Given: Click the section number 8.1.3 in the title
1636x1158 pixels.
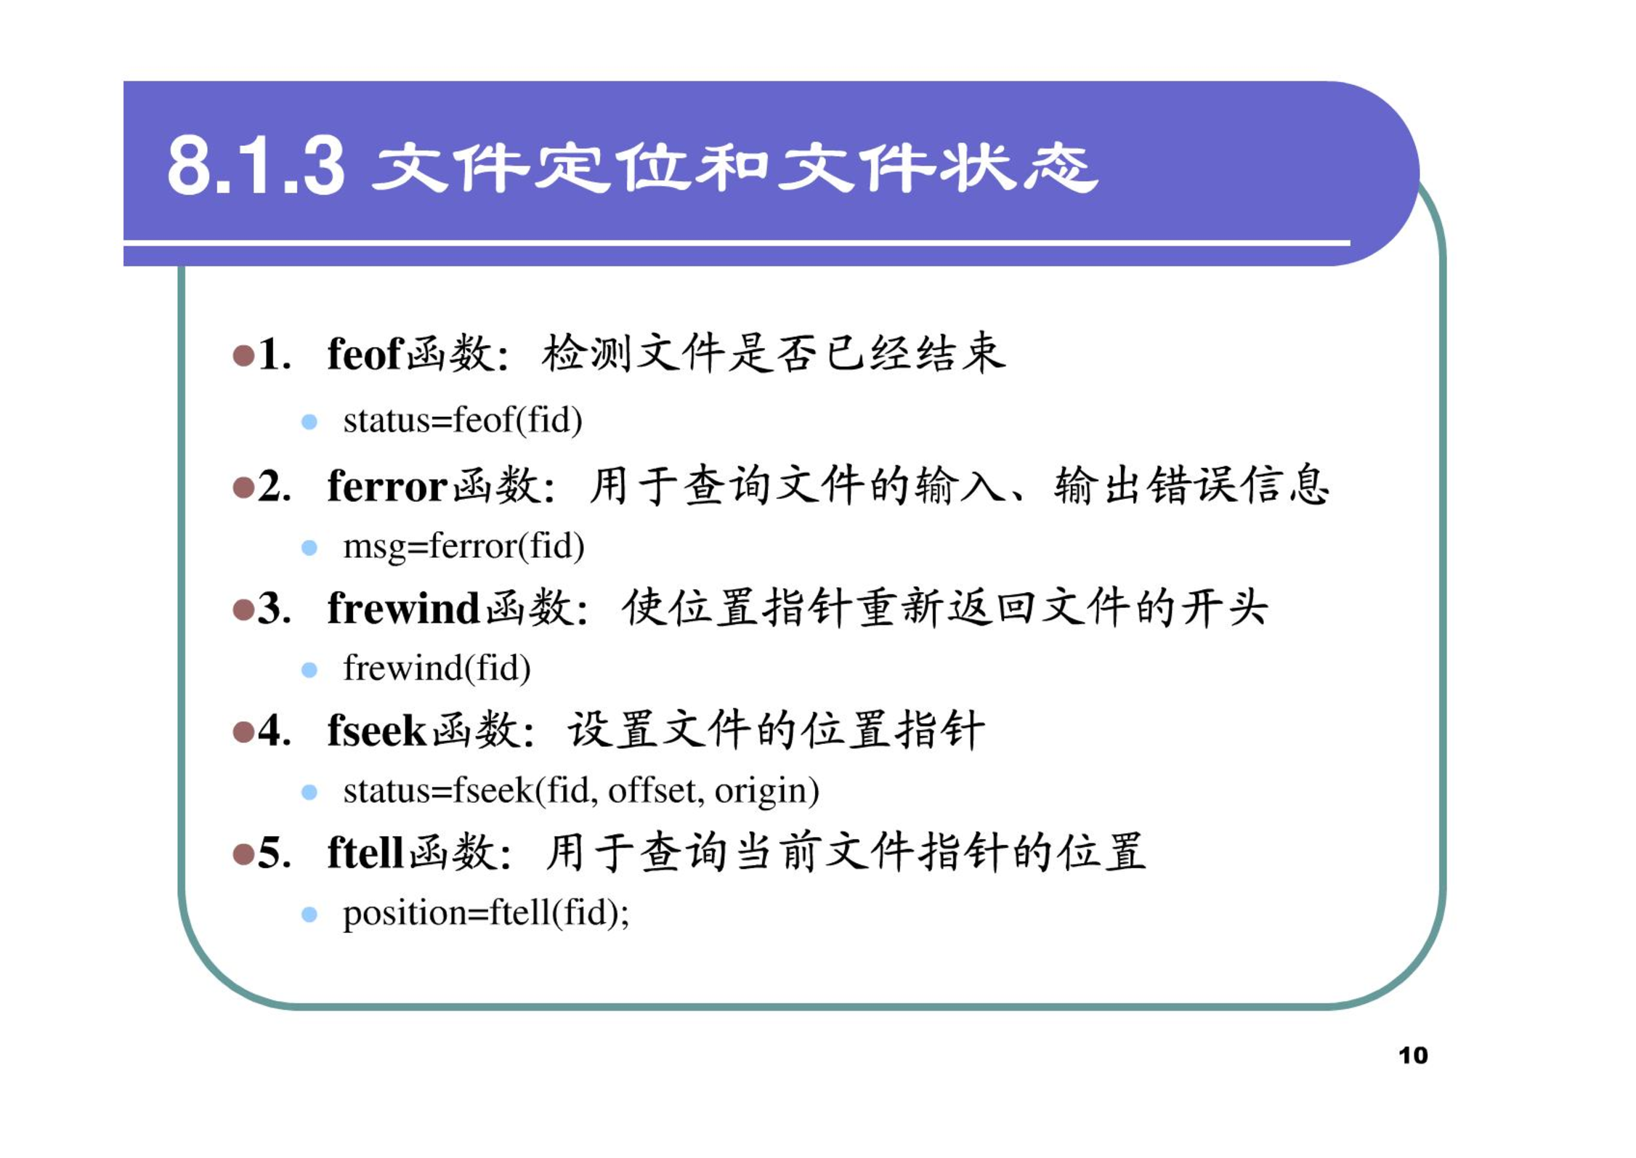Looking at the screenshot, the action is pos(256,166).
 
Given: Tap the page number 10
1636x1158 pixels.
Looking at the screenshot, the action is pos(1413,1055).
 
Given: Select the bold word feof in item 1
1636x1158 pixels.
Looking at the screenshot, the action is pos(365,354).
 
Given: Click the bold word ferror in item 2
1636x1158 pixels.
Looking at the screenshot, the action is pos(387,485).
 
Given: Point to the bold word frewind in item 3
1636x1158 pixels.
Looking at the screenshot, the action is pos(403,607).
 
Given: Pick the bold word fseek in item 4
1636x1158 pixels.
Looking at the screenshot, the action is pos(376,729).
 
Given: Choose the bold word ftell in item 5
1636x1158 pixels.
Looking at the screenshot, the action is pos(365,851).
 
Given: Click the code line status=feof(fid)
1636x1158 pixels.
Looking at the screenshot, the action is pos(463,421).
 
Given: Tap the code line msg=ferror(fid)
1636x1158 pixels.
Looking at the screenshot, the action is pos(463,546).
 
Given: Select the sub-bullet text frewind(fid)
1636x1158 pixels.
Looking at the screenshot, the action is pos(437,668).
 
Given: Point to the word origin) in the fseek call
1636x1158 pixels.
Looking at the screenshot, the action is pos(767,791).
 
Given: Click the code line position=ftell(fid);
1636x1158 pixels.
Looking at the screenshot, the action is pos(486,913).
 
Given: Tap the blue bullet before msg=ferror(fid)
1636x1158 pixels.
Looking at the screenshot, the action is pos(309,548).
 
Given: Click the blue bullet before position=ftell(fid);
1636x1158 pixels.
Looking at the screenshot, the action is pos(309,915).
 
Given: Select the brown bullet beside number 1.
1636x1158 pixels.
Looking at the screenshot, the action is pos(243,356).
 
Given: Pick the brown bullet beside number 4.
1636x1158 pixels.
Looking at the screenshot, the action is pos(243,732).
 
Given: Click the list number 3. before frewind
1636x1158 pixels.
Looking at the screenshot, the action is pos(275,608).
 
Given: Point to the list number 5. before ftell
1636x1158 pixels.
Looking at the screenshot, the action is pos(275,852).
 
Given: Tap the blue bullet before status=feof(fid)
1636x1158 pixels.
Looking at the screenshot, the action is pos(309,422).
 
